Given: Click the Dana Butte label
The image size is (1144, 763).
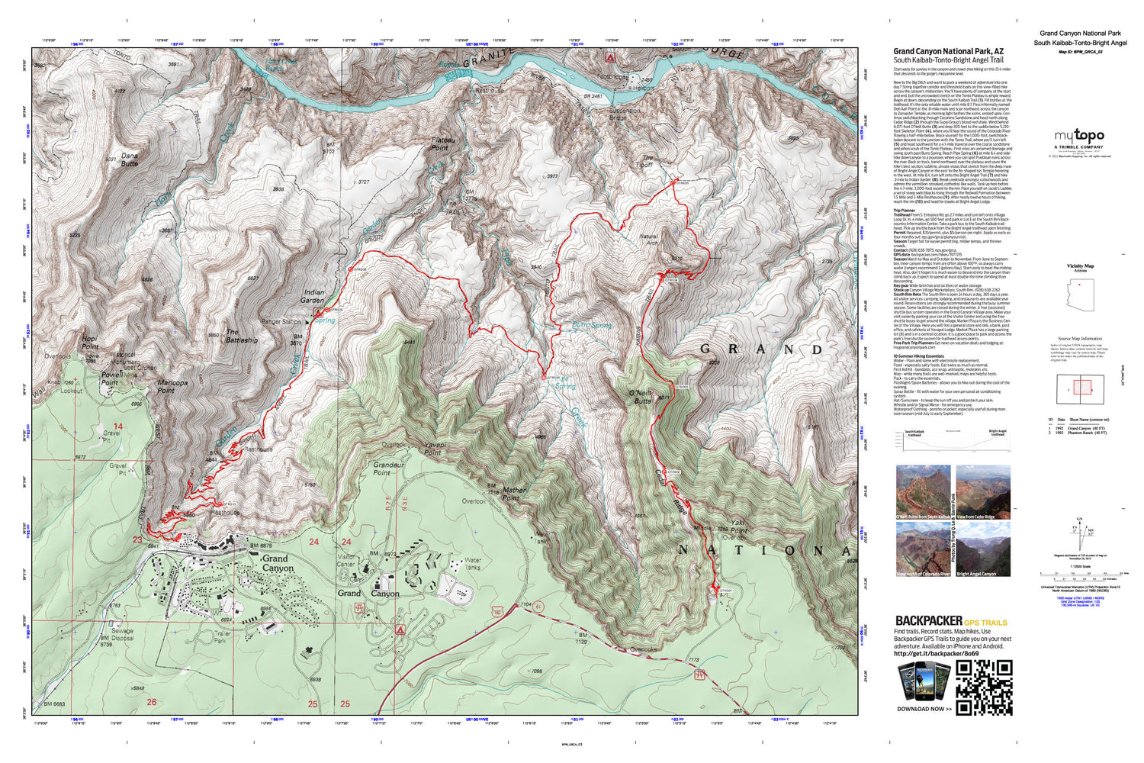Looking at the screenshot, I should pyautogui.click(x=130, y=159).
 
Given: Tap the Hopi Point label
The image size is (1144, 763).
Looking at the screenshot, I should pyautogui.click(x=90, y=343).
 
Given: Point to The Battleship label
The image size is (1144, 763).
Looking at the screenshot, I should pyautogui.click(x=242, y=336).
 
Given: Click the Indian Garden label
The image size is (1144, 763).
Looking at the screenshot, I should pyautogui.click(x=313, y=296).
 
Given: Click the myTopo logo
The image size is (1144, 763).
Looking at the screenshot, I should pyautogui.click(x=1078, y=137).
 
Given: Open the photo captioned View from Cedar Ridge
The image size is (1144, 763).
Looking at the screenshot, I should pyautogui.click(x=983, y=492).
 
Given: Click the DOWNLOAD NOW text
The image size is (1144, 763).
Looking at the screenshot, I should pyautogui.click(x=924, y=709).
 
